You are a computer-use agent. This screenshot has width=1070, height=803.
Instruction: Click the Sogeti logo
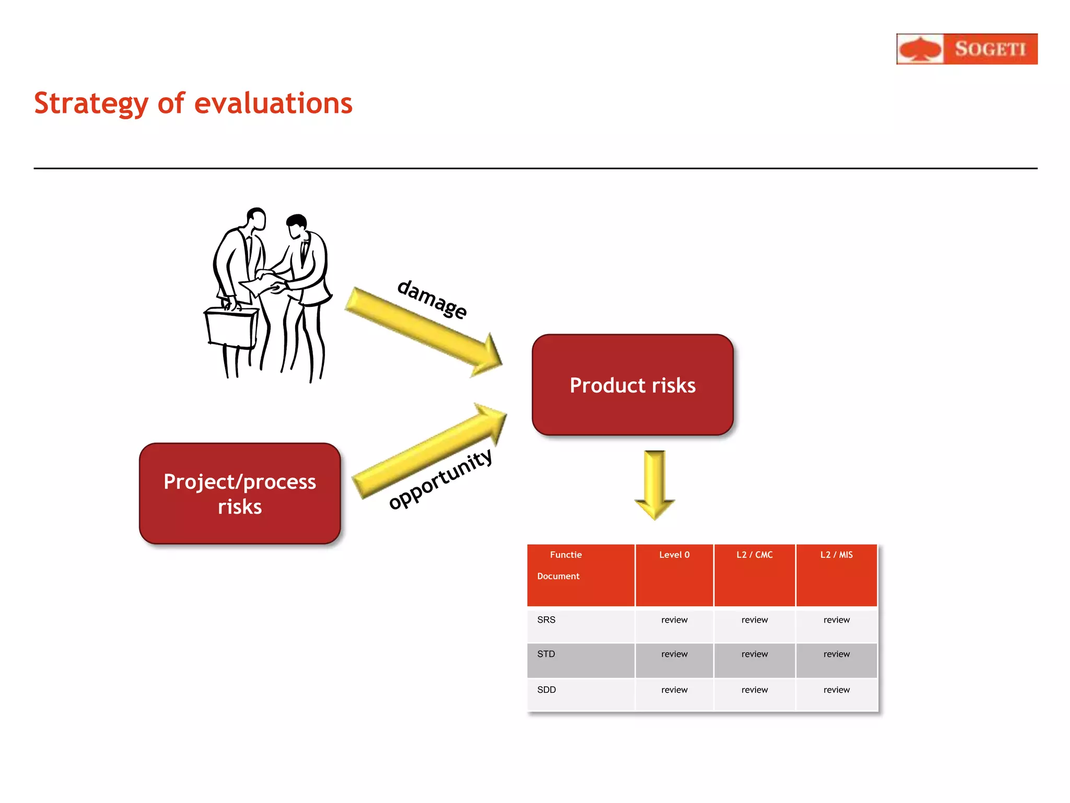(x=967, y=49)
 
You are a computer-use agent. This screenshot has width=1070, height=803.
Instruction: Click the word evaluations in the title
(x=273, y=103)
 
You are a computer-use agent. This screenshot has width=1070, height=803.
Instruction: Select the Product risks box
(x=632, y=385)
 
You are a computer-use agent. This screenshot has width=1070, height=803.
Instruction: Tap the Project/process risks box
(x=240, y=494)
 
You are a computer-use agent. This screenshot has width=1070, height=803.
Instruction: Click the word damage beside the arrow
(x=432, y=299)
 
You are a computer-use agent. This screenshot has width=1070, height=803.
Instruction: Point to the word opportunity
(x=440, y=480)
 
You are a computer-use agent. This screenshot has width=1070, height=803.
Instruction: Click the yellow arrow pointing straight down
(x=655, y=484)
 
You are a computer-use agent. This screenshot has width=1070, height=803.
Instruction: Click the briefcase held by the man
(x=231, y=328)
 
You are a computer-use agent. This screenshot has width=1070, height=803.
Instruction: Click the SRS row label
(x=546, y=620)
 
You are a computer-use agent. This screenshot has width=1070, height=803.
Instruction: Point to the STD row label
(x=546, y=654)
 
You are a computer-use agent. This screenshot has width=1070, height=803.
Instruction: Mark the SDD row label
(x=546, y=690)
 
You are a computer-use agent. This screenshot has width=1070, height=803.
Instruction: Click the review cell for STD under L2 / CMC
(x=754, y=654)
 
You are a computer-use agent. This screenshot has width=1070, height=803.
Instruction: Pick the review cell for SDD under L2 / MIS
(x=836, y=690)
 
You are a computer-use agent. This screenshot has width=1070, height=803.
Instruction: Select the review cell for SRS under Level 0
(x=674, y=620)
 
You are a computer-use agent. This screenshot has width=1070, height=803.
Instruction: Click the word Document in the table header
(x=558, y=576)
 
